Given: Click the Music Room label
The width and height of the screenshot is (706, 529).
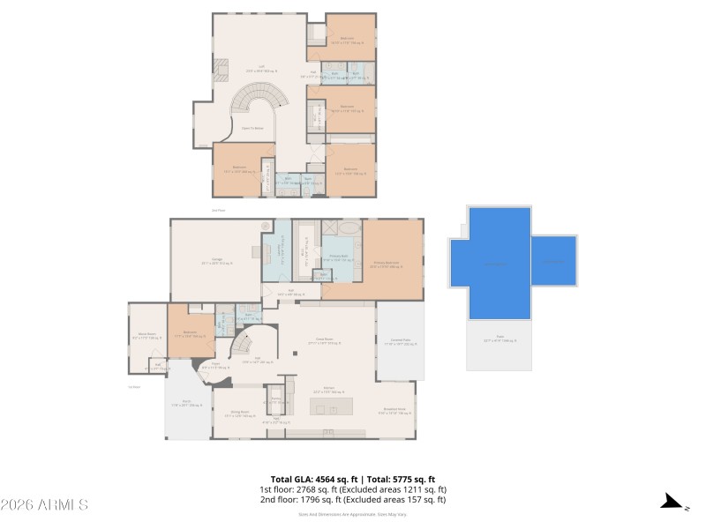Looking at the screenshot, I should (145, 336).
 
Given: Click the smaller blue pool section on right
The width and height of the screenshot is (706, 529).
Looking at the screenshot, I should (553, 261).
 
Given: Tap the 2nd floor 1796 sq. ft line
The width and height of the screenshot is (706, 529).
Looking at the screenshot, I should (352, 499).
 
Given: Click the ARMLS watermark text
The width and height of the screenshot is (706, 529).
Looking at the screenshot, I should (44, 505).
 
